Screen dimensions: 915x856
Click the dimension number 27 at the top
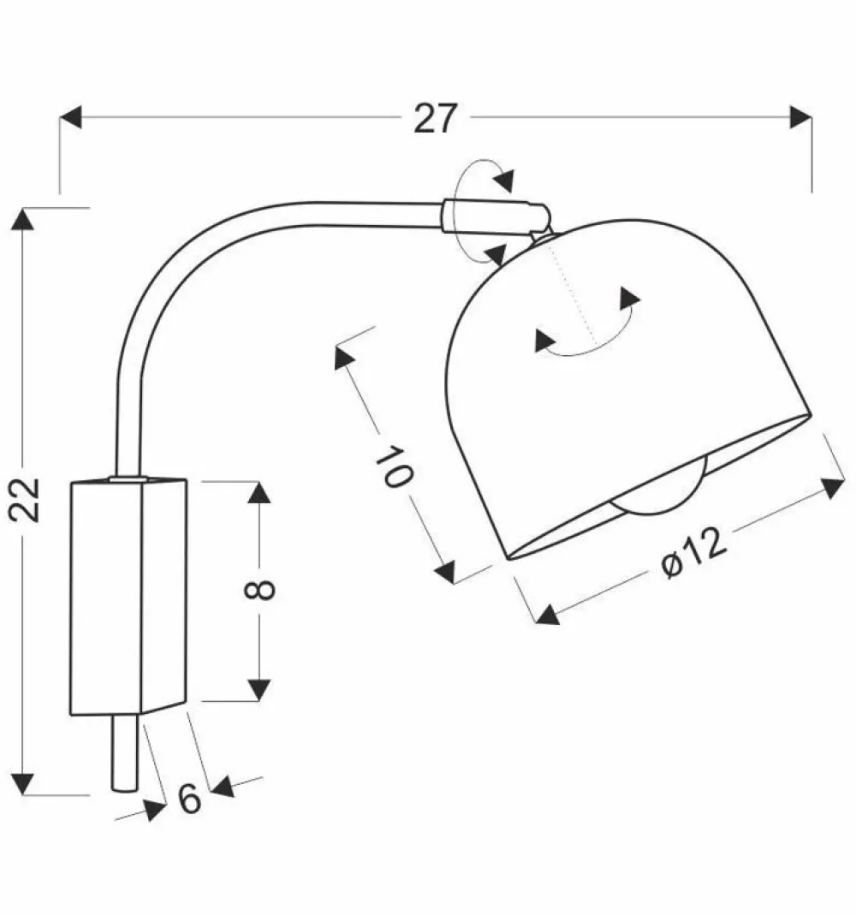click(x=436, y=119)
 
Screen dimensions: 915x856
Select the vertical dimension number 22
click(x=27, y=499)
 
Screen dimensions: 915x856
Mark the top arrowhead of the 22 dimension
click(x=23, y=218)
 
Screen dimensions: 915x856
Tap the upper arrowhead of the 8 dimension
click(x=259, y=491)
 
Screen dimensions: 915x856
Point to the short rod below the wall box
click(x=122, y=753)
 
